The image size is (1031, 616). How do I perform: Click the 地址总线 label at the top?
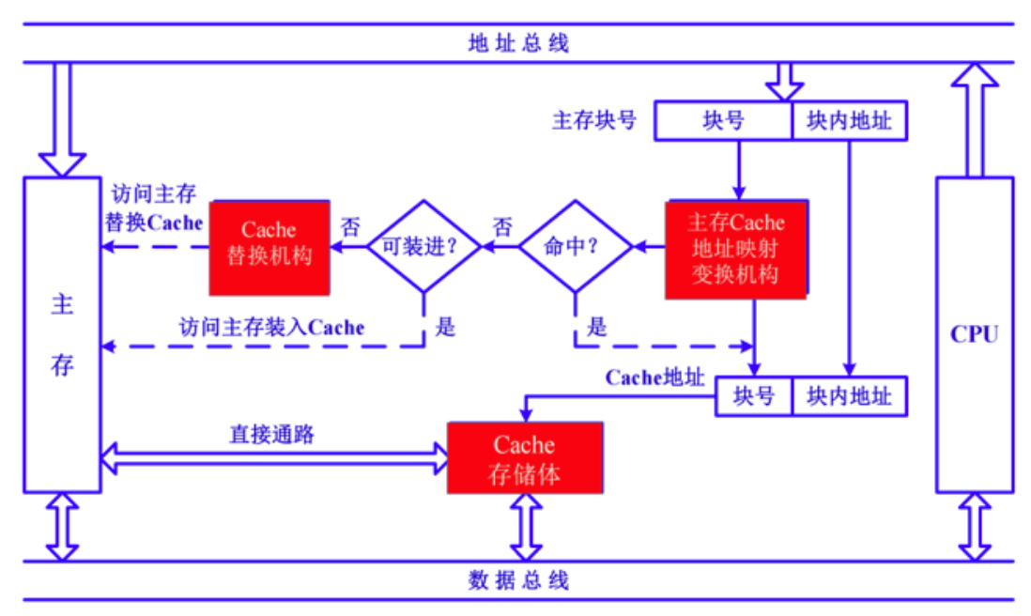pyautogui.click(x=518, y=43)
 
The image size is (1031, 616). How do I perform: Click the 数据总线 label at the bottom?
pyautogui.click(x=518, y=579)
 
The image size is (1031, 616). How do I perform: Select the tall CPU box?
pyautogui.click(x=974, y=334)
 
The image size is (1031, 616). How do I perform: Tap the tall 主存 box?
pyautogui.click(x=62, y=334)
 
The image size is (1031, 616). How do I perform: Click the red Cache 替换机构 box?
pyautogui.click(x=269, y=247)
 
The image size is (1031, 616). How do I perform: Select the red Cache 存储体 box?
pyautogui.click(x=524, y=457)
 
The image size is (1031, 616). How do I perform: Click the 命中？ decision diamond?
pyautogui.click(x=575, y=246)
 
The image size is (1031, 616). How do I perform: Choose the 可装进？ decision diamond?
pyautogui.click(x=423, y=246)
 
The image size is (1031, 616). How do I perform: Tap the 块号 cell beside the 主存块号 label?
pyautogui.click(x=723, y=121)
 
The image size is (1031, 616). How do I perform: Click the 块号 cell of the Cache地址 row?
pyautogui.click(x=754, y=396)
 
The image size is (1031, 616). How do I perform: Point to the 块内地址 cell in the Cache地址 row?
pyautogui.click(x=850, y=396)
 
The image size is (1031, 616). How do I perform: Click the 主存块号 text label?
pyautogui.click(x=594, y=121)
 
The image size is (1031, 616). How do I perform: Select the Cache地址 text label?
pyautogui.click(x=654, y=377)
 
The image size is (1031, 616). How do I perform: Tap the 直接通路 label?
pyautogui.click(x=271, y=435)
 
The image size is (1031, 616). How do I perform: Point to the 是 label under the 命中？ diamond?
pyautogui.click(x=597, y=327)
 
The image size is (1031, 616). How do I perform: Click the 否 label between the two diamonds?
pyautogui.click(x=503, y=227)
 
